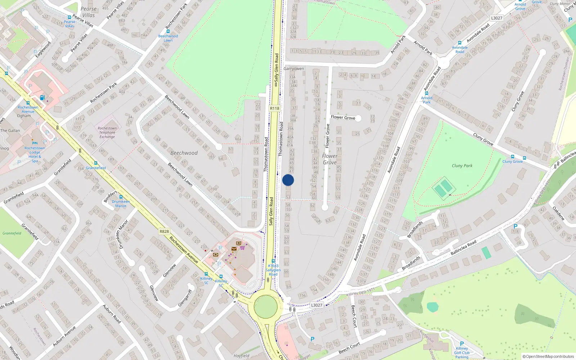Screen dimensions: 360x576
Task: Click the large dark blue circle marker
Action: coord(288,180)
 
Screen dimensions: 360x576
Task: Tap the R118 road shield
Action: coord(274,108)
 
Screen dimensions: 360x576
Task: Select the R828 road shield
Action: coord(164,231)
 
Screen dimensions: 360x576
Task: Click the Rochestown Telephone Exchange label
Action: coord(107,132)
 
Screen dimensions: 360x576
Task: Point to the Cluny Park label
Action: coord(462,166)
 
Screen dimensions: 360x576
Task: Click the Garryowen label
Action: coord(293,68)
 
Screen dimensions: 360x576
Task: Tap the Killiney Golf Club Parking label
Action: coord(462,352)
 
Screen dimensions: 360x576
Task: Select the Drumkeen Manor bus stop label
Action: coord(121,203)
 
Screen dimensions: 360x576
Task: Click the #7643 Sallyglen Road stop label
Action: coord(273,270)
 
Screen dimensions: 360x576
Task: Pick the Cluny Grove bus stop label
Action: coord(512,161)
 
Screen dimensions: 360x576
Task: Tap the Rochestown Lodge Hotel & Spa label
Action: coord(35,154)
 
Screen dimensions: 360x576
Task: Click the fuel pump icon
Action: coord(42,98)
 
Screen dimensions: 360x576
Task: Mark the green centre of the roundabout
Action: coord(266,306)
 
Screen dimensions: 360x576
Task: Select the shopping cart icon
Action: coord(242,248)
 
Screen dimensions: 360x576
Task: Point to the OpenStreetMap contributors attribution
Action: coord(548,356)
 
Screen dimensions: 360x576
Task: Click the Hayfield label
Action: coord(241,356)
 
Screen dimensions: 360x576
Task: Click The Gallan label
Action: coord(10,130)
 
